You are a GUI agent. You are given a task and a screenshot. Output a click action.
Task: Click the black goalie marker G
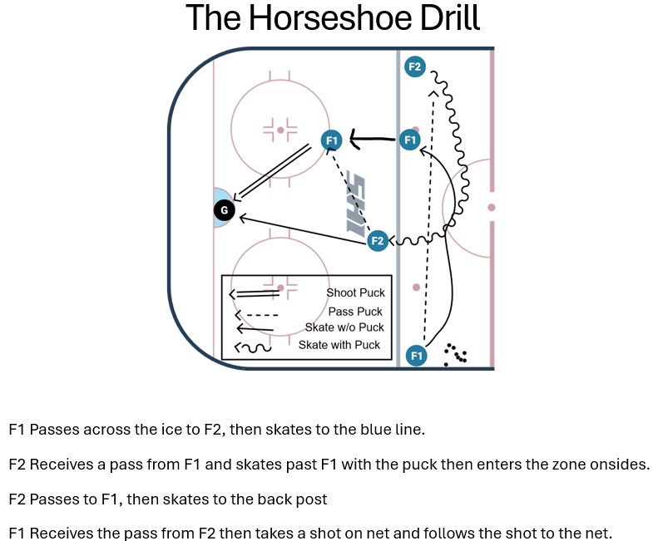coord(224,210)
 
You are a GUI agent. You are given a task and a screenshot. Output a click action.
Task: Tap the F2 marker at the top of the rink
coord(415,66)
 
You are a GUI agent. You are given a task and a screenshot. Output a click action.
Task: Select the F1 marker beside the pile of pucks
coord(417,356)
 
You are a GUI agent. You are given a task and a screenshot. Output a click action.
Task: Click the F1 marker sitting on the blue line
coord(410,140)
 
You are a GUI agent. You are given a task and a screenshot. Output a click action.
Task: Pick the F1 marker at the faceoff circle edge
coord(332,140)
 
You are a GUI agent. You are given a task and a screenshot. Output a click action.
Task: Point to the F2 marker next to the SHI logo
coord(378,240)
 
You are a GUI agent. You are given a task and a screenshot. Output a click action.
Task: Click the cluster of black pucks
coord(455,355)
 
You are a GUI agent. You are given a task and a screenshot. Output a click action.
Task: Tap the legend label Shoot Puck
coord(356,293)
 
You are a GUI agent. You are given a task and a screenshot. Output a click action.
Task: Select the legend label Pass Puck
coord(355,312)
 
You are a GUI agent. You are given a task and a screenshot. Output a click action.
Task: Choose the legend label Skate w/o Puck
coord(344,327)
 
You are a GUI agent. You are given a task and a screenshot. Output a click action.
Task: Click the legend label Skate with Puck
coord(339,345)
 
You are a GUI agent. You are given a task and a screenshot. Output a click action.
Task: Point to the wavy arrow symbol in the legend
coord(252,347)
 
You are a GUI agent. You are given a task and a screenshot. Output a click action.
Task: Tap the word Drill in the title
coord(450,17)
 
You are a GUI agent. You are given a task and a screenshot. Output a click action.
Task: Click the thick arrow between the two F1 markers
coord(373,138)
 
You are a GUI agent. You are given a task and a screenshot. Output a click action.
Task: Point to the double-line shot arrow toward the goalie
coord(272,172)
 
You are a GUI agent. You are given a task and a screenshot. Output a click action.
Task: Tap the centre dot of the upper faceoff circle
coord(280,130)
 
